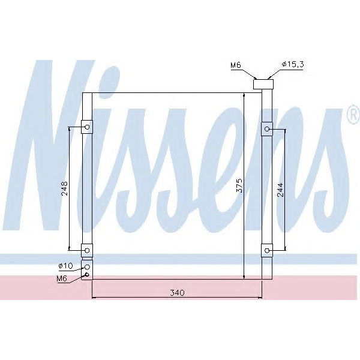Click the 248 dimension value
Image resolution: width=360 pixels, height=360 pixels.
click(65, 188)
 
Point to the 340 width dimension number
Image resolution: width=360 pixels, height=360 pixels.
click(176, 293)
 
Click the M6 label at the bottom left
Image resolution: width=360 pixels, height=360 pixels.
click(62, 278)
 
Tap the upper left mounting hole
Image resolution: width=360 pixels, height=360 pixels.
click(87, 127)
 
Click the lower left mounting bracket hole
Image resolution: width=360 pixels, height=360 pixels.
click(87, 250)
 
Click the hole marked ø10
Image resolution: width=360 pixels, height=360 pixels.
click(88, 267)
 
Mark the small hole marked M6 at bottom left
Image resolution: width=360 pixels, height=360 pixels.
click(88, 276)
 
